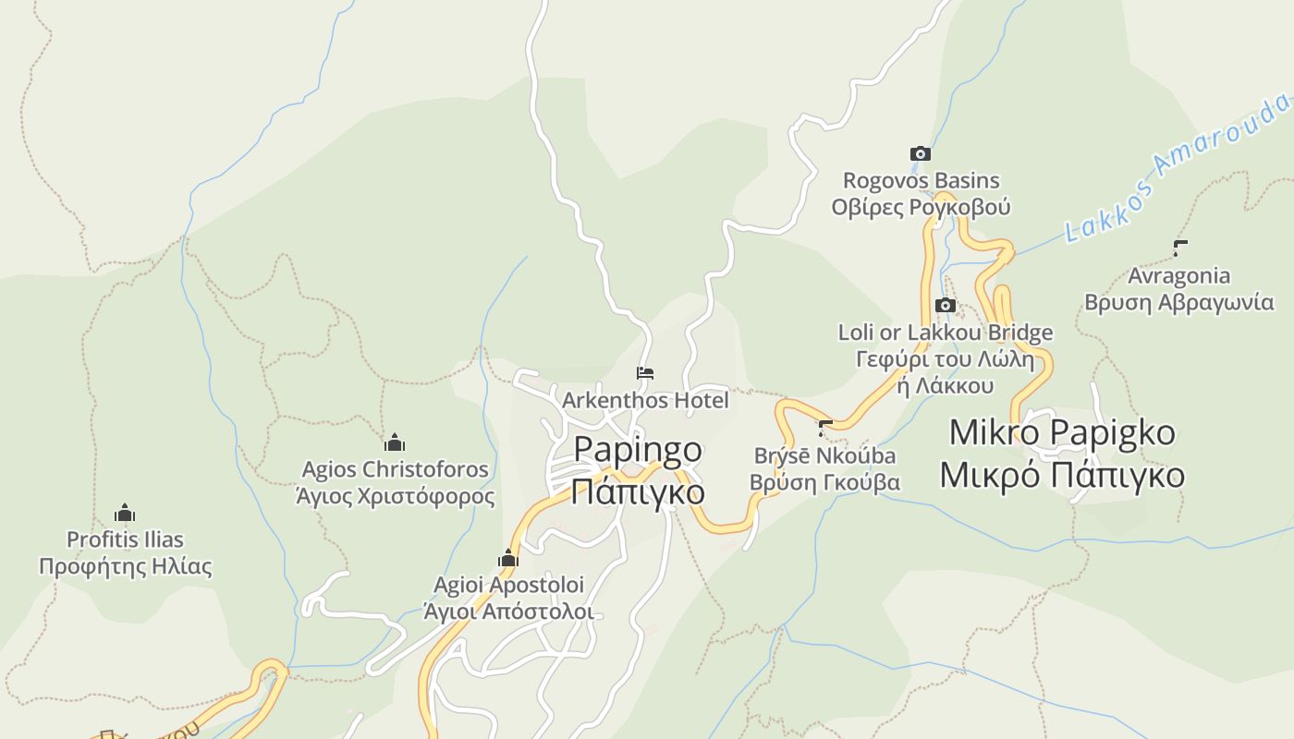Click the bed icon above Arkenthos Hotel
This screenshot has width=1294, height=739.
645,373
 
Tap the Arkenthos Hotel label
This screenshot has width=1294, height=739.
645,400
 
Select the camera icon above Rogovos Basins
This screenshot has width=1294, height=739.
920,153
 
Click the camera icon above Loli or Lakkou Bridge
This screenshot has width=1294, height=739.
945,305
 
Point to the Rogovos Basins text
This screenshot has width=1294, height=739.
921,180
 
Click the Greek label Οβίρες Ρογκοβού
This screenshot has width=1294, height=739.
921,207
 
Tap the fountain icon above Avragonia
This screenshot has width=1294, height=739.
1179,248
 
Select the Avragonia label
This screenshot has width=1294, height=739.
1178,275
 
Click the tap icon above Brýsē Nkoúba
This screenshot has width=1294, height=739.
825,428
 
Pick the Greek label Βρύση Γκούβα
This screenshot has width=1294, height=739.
824,482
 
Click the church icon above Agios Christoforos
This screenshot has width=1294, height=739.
395,442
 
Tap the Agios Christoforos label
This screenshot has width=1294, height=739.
395,469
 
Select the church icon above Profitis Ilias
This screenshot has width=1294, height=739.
125,513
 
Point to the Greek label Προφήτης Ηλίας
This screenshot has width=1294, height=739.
125,566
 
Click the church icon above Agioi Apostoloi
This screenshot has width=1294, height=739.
507,558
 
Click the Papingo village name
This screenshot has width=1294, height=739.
638,450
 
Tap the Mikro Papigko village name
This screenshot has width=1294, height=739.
1062,432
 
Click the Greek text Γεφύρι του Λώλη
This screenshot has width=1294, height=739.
945,359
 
